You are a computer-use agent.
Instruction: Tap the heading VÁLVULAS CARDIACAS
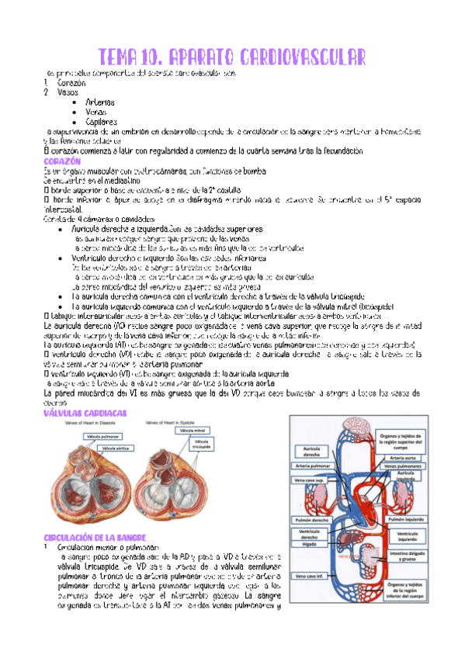[x=85, y=414]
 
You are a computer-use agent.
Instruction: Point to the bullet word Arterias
[x=101, y=102]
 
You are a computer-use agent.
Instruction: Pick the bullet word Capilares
[x=102, y=122]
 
